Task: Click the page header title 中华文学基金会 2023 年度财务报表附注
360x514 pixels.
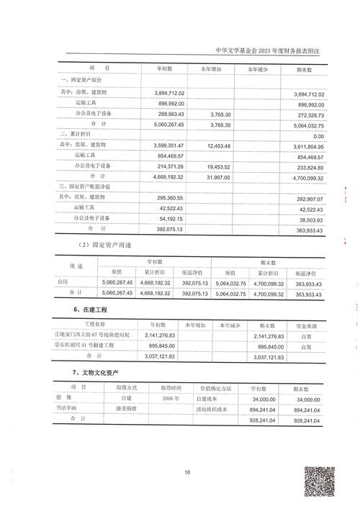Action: [x=267, y=52]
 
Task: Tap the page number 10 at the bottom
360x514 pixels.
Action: [x=186, y=472]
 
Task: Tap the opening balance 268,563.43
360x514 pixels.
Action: [x=170, y=114]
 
